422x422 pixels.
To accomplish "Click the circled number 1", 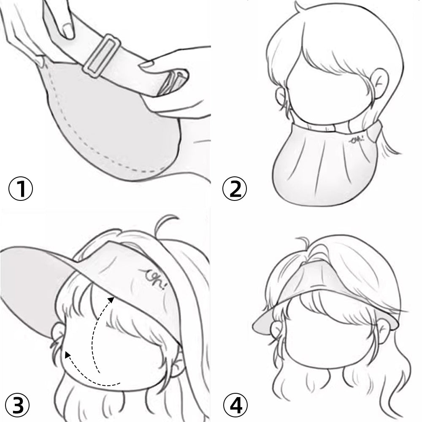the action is click(21, 188).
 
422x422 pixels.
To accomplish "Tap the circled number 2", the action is click(234, 188).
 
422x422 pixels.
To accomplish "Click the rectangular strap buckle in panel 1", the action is click(101, 56).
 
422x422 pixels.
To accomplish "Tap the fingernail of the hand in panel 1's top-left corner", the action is click(68, 30).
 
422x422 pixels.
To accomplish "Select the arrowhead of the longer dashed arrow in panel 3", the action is click(111, 300).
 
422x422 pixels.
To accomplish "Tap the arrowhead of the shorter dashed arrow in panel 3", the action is click(68, 355).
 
